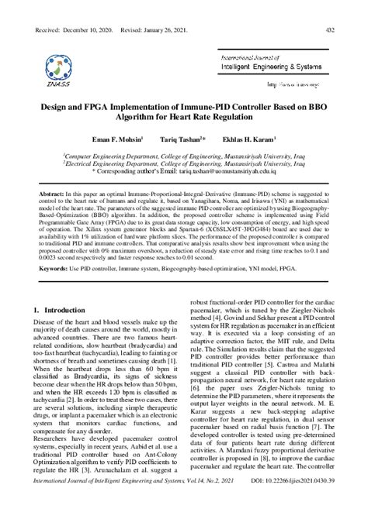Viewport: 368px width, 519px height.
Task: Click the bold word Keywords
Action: click(x=54, y=269)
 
